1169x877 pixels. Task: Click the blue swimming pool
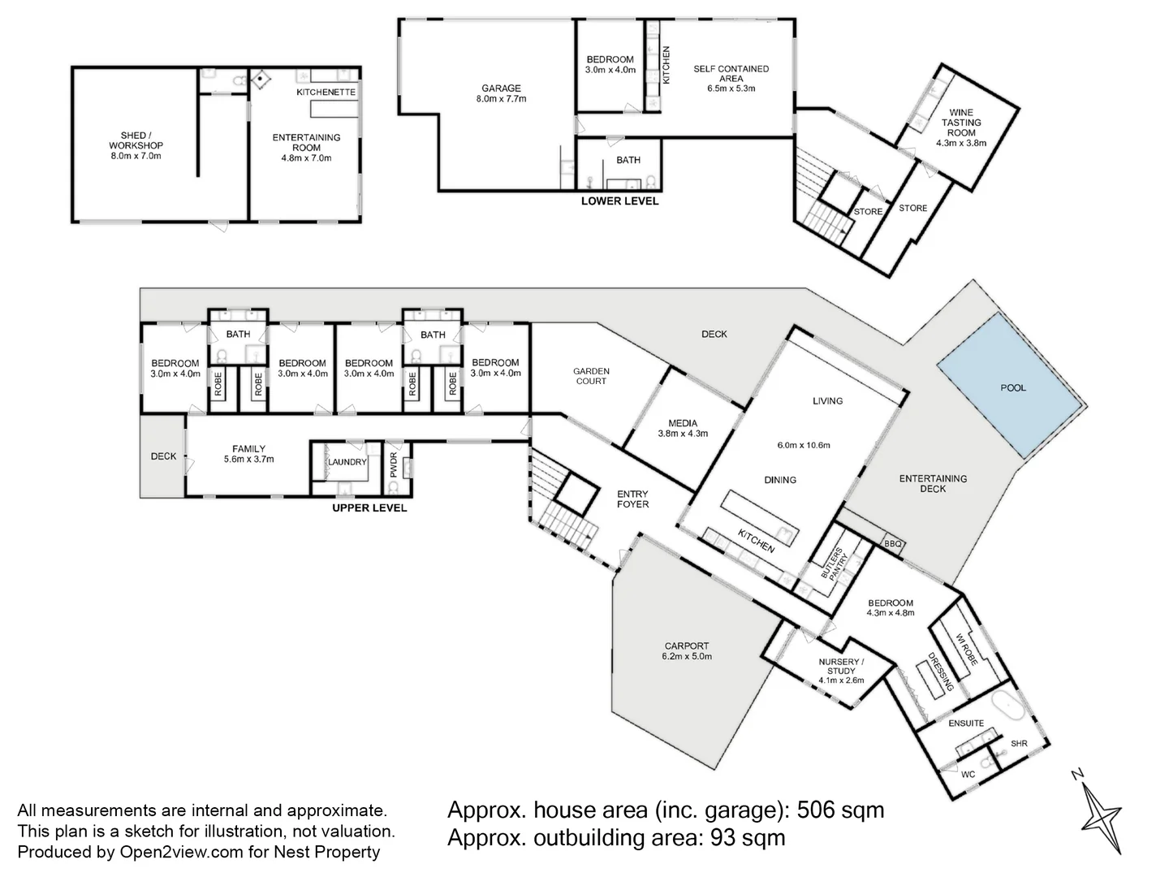(x=1012, y=386)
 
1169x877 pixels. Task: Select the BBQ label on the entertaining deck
(x=893, y=544)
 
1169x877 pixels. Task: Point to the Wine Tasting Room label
(x=960, y=127)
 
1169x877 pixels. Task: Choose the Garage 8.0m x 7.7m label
(x=501, y=93)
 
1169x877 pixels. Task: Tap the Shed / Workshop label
(x=136, y=145)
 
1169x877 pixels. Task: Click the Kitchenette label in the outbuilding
(x=326, y=92)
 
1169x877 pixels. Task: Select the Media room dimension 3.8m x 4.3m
(x=683, y=434)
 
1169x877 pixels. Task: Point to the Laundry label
(x=347, y=462)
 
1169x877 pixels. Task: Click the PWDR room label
(x=394, y=464)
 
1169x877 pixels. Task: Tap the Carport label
(x=687, y=646)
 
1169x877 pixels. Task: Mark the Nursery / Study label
(x=842, y=666)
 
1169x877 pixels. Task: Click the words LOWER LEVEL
(x=620, y=201)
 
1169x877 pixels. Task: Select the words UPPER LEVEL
(x=369, y=508)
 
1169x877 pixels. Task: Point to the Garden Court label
(x=591, y=376)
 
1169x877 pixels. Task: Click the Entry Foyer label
(x=632, y=499)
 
